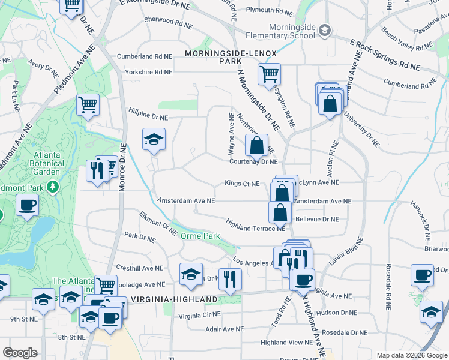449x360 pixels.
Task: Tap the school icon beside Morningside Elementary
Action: point(325,29)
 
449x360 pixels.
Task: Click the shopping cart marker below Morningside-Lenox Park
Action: point(269,74)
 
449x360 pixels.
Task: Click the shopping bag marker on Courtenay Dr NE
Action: point(256,144)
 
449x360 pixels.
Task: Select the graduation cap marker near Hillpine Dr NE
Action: point(154,140)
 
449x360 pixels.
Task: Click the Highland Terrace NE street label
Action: point(255,224)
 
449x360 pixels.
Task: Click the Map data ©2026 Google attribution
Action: point(411,355)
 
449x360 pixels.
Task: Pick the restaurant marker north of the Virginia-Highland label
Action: point(229,278)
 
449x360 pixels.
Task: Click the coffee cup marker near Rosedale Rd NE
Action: point(422,274)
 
